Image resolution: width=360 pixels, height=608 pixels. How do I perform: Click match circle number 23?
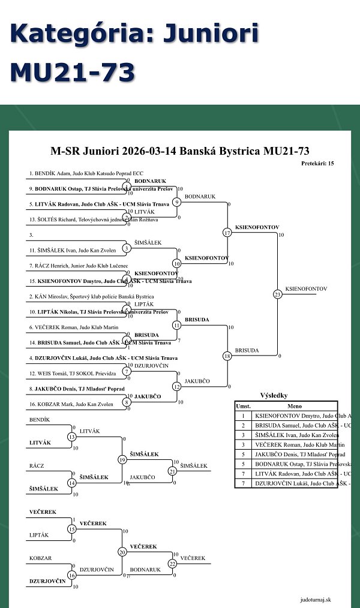[277, 294]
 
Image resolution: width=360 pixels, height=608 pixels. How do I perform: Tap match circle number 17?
[227, 233]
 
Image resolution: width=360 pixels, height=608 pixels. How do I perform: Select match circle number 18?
[227, 356]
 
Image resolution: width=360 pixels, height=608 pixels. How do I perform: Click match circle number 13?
[72, 437]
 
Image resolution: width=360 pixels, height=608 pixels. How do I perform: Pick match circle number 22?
[173, 563]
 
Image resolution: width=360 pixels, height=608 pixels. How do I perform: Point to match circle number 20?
[122, 552]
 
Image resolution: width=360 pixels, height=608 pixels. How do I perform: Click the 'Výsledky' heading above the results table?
[274, 396]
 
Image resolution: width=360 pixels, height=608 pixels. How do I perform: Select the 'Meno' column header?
[294, 406]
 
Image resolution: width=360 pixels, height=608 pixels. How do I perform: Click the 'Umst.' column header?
[243, 406]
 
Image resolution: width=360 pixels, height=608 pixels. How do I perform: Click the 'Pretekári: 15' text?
[318, 163]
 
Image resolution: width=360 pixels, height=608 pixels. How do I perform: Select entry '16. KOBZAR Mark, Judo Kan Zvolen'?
[71, 404]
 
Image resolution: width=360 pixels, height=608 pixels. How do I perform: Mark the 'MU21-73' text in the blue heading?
[72, 73]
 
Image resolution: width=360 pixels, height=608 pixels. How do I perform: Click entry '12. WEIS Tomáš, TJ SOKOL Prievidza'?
[73, 374]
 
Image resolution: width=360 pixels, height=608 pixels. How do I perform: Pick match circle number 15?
[72, 529]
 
